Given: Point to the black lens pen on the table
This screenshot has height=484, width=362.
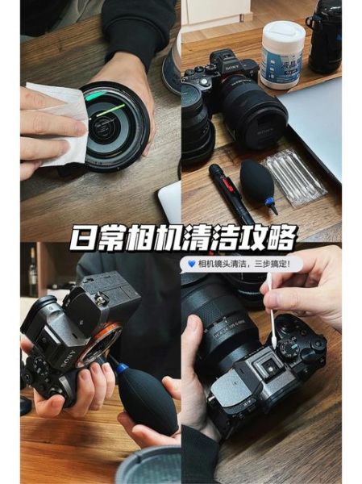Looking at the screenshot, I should pos(231,194).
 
